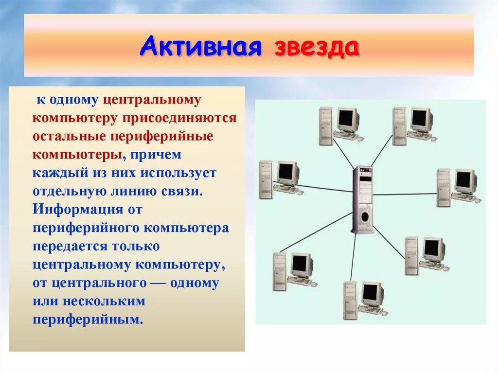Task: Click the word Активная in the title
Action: [201, 48]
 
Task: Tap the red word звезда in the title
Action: [317, 48]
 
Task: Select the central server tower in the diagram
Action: [362, 199]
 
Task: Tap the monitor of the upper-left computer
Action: [347, 119]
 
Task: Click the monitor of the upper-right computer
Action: [420, 118]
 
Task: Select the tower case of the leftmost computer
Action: [266, 179]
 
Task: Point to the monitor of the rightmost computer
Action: [464, 180]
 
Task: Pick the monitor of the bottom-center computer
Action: [371, 293]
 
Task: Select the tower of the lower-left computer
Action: [280, 271]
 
